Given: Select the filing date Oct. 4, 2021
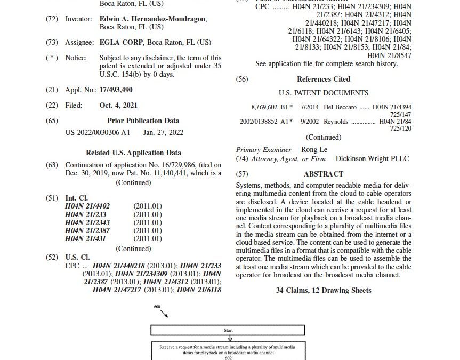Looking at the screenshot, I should [x=118, y=105].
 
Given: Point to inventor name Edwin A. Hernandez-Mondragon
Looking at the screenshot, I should [x=153, y=19].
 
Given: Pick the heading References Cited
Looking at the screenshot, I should [x=324, y=79].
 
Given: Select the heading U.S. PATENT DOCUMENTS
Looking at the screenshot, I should [x=324, y=93].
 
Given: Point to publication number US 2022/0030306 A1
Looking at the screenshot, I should [x=97, y=131].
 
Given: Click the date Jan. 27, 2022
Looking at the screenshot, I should [x=164, y=131].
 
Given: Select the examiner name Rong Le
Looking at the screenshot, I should [x=316, y=150].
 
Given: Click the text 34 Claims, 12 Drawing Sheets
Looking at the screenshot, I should [x=324, y=290].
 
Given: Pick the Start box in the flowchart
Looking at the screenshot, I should [x=228, y=330].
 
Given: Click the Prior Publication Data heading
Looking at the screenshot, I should [x=143, y=121].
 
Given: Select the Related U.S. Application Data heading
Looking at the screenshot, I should [x=133, y=153].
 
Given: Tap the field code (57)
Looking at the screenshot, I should [x=242, y=174].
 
